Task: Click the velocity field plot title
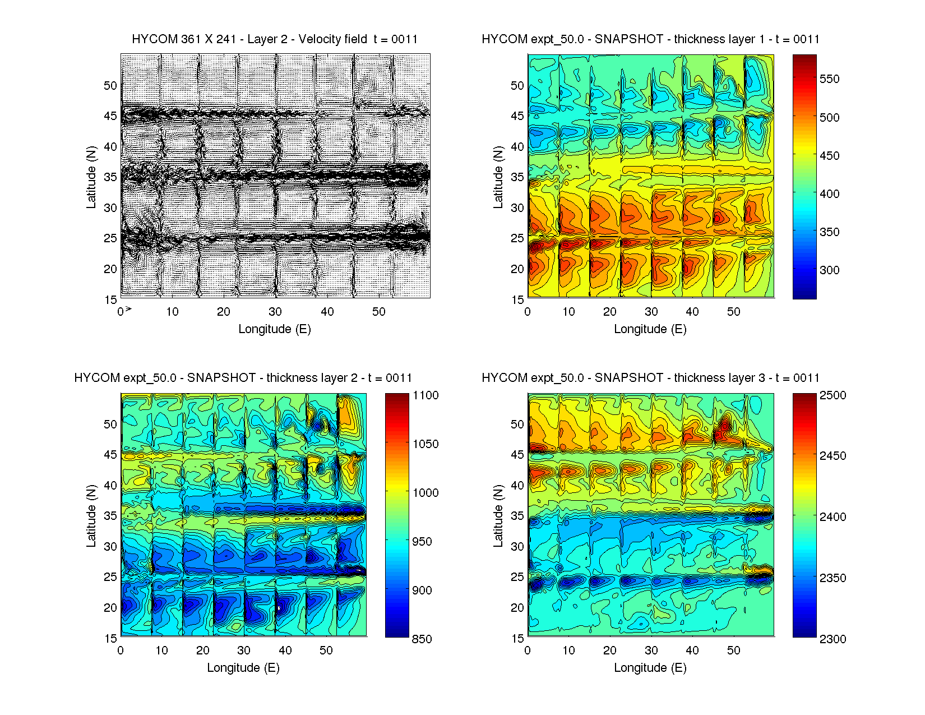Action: (275, 39)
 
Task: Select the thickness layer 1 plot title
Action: (650, 39)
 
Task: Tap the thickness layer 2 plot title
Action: (243, 378)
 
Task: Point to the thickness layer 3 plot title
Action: (650, 378)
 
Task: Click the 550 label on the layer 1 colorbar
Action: (830, 79)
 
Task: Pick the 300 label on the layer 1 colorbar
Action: (830, 270)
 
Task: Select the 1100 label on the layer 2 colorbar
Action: (425, 395)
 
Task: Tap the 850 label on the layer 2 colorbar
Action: (422, 639)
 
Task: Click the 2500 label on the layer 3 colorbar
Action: (833, 395)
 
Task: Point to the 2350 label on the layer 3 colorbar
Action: (833, 578)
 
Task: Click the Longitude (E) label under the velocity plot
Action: (275, 329)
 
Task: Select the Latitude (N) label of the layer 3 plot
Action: (498, 516)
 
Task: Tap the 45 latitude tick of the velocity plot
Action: (110, 116)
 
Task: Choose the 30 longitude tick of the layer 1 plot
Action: (651, 312)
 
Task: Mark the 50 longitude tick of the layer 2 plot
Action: (326, 651)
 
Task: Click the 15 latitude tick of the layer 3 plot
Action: (517, 638)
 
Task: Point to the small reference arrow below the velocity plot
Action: (128, 308)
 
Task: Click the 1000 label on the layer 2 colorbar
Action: (425, 493)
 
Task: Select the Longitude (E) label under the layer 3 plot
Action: (650, 668)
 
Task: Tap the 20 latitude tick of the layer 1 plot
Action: (517, 269)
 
